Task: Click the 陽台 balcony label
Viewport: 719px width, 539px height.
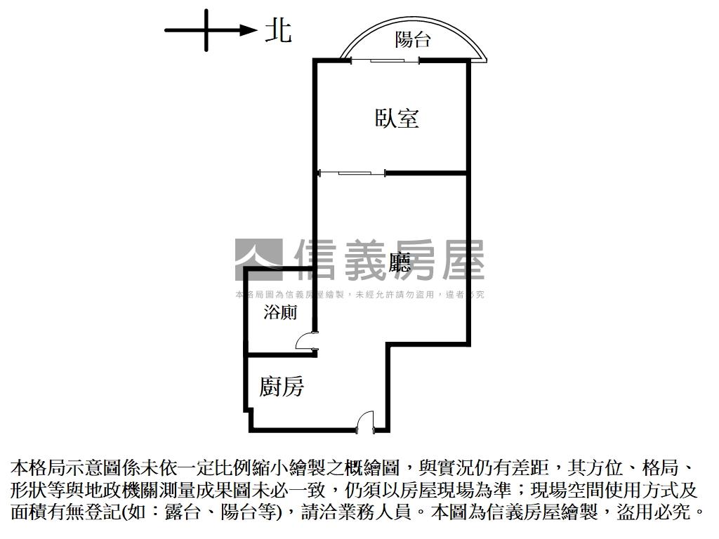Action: click(412, 40)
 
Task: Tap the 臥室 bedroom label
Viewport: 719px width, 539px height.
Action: click(397, 118)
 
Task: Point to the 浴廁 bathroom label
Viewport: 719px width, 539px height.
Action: click(280, 313)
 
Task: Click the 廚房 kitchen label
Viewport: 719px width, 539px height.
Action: click(282, 385)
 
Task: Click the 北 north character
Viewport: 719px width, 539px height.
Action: click(278, 31)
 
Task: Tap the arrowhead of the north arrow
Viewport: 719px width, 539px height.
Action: click(247, 29)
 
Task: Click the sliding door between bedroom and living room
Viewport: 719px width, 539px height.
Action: click(351, 172)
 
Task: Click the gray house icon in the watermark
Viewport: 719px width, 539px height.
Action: click(258, 260)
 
